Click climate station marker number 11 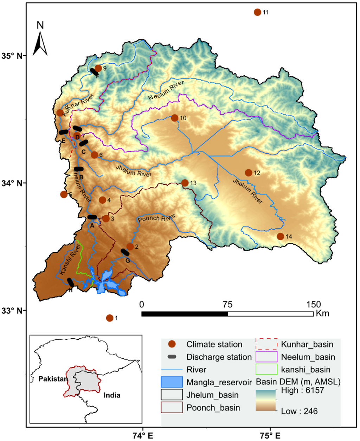pos(257,12)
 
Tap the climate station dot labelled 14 pos(280,236)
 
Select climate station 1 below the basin pos(110,318)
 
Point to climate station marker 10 pos(174,118)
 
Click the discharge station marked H pos(70,282)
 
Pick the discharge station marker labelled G pos(125,252)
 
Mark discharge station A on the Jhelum pos(92,217)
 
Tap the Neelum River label pos(166,91)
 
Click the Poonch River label pos(156,218)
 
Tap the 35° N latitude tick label pos(14,56)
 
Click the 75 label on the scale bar pos(227,305)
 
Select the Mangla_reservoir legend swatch pos(172,382)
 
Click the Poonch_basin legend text pos(213,408)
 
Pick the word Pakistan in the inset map pos(53,379)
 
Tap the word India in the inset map pos(112,395)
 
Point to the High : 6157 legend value pos(302,390)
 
